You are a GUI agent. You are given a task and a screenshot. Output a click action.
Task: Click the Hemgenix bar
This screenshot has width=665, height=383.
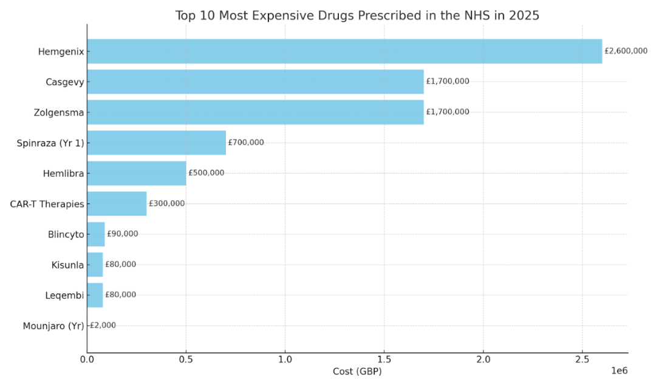(344, 52)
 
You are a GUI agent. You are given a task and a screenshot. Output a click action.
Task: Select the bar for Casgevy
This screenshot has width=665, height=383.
(255, 82)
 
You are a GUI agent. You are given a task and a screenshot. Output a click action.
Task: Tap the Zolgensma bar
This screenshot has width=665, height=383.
(255, 112)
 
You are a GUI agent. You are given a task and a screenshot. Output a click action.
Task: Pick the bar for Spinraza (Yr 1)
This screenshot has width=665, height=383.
(156, 143)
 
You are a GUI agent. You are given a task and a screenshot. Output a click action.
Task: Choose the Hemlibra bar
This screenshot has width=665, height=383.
(137, 173)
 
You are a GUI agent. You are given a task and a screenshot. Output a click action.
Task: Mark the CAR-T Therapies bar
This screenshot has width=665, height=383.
(117, 203)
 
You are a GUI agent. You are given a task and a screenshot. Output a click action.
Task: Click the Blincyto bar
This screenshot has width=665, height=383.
(96, 234)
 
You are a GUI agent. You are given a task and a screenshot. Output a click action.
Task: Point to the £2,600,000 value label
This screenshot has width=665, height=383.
(626, 51)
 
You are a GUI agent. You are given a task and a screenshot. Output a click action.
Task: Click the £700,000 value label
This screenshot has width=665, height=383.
(246, 143)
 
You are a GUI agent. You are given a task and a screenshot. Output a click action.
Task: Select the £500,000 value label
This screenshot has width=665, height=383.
(206, 173)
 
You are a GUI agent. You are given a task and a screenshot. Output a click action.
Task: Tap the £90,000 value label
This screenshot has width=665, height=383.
(122, 234)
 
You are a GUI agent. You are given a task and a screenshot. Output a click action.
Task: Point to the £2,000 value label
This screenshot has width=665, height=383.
(102, 325)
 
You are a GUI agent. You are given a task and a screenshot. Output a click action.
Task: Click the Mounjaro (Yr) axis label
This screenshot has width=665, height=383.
(53, 326)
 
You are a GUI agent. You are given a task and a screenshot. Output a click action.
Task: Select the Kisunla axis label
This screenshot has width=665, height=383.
(67, 265)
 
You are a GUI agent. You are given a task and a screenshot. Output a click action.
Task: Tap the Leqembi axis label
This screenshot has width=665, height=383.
(64, 296)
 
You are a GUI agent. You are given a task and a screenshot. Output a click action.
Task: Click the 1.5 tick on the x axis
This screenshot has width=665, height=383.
(384, 359)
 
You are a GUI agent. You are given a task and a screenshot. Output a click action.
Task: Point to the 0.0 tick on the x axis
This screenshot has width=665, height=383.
(87, 359)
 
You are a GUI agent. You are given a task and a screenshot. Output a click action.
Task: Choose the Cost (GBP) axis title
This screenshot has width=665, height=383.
(357, 371)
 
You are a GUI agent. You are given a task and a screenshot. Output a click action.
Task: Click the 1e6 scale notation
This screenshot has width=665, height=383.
(618, 371)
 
